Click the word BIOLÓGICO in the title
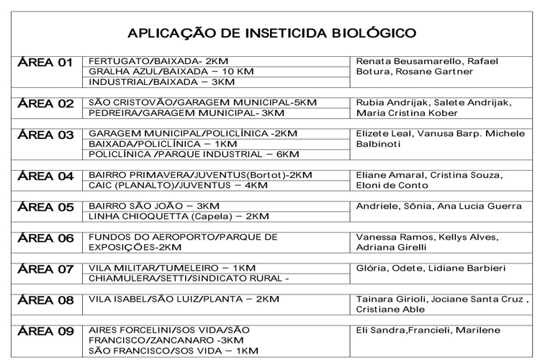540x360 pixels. click(x=374, y=33)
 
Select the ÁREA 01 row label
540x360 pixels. click(x=45, y=63)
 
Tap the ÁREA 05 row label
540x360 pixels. click(x=45, y=207)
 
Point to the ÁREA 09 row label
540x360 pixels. click(x=45, y=332)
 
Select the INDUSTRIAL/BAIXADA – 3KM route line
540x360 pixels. click(x=150, y=82)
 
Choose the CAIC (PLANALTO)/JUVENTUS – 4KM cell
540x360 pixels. click(x=177, y=185)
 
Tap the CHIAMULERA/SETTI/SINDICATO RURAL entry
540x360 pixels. click(x=188, y=279)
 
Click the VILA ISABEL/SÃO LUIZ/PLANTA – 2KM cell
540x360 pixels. click(x=183, y=299)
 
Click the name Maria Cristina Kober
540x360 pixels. click(x=407, y=113)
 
